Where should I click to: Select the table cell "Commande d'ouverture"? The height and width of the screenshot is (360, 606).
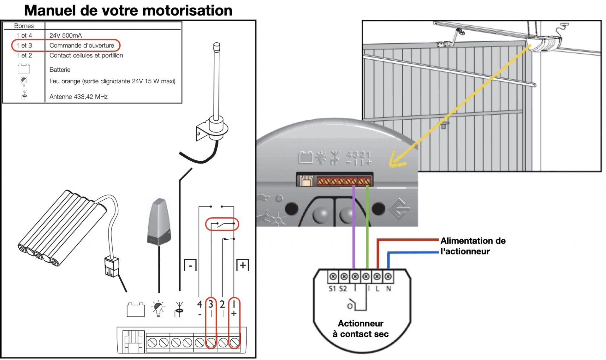point(81,45)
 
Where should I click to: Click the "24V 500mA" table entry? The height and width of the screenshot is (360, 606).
point(65,35)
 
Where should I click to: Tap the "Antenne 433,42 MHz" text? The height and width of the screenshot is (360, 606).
point(78,97)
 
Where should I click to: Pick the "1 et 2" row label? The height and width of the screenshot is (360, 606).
point(24,56)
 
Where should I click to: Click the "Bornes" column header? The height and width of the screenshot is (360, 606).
point(24,26)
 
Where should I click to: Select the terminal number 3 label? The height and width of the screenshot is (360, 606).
point(211,304)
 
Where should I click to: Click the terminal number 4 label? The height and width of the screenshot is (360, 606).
point(199,304)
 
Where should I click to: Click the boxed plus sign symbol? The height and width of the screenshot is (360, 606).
point(243,265)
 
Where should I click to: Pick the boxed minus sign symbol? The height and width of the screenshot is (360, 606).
point(190,265)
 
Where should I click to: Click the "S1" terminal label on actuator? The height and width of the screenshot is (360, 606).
point(332,289)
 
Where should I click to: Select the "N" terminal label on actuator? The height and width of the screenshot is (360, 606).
point(389,289)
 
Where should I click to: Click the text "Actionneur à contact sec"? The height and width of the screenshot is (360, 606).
point(360,329)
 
